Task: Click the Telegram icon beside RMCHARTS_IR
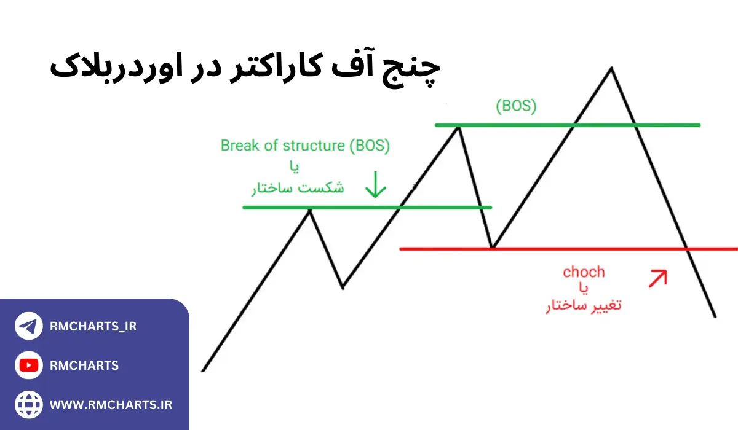pos(28,327)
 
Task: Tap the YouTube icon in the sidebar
pos(28,366)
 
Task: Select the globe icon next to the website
pos(28,405)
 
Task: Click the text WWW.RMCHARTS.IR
pos(111,405)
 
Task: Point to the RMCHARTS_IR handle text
pos(93,327)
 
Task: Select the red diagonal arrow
pos(657,278)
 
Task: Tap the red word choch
pos(584,272)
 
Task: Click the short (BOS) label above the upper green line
pos(516,106)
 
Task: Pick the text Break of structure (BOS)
pos(305,146)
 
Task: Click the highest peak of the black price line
pos(611,68)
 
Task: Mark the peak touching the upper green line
pos(458,126)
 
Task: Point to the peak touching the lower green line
pos(310,208)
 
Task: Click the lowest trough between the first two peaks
pos(343,286)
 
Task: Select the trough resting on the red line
pos(493,247)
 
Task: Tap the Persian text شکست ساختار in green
pos(298,188)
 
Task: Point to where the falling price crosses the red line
pos(687,249)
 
